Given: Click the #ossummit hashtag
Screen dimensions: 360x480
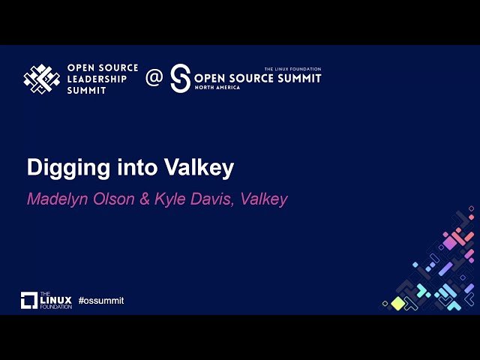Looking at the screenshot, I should [x=100, y=301].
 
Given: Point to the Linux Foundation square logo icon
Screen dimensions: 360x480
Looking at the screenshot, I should [x=28, y=301].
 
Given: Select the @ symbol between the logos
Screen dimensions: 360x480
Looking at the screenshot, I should [x=154, y=78].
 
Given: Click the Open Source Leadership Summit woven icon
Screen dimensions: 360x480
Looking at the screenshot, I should [x=42, y=78].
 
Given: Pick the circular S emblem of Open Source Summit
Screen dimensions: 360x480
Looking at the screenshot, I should [x=180, y=78].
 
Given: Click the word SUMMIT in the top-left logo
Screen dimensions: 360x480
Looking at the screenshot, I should [x=88, y=90].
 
